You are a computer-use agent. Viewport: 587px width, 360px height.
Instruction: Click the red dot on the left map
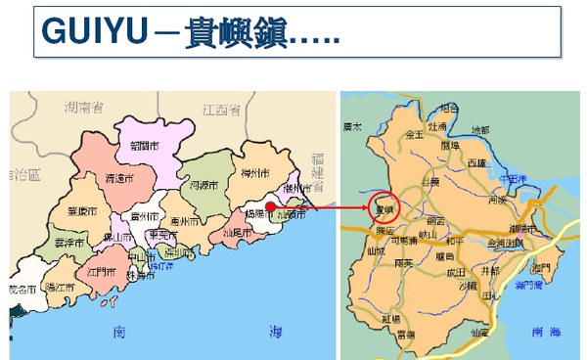pyautogui.click(x=269, y=205)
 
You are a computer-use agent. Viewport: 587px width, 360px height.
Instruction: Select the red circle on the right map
pyautogui.click(x=385, y=209)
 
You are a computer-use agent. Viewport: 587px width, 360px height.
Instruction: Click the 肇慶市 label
pyautogui.click(x=82, y=210)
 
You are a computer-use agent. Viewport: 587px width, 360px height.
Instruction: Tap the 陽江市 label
pyautogui.click(x=60, y=289)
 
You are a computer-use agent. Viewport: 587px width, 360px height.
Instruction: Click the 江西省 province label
pyautogui.click(x=220, y=108)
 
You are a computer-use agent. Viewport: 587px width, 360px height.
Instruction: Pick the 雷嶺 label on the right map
pyautogui.click(x=407, y=334)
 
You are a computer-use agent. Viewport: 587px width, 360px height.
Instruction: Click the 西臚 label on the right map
pyautogui.click(x=476, y=161)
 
